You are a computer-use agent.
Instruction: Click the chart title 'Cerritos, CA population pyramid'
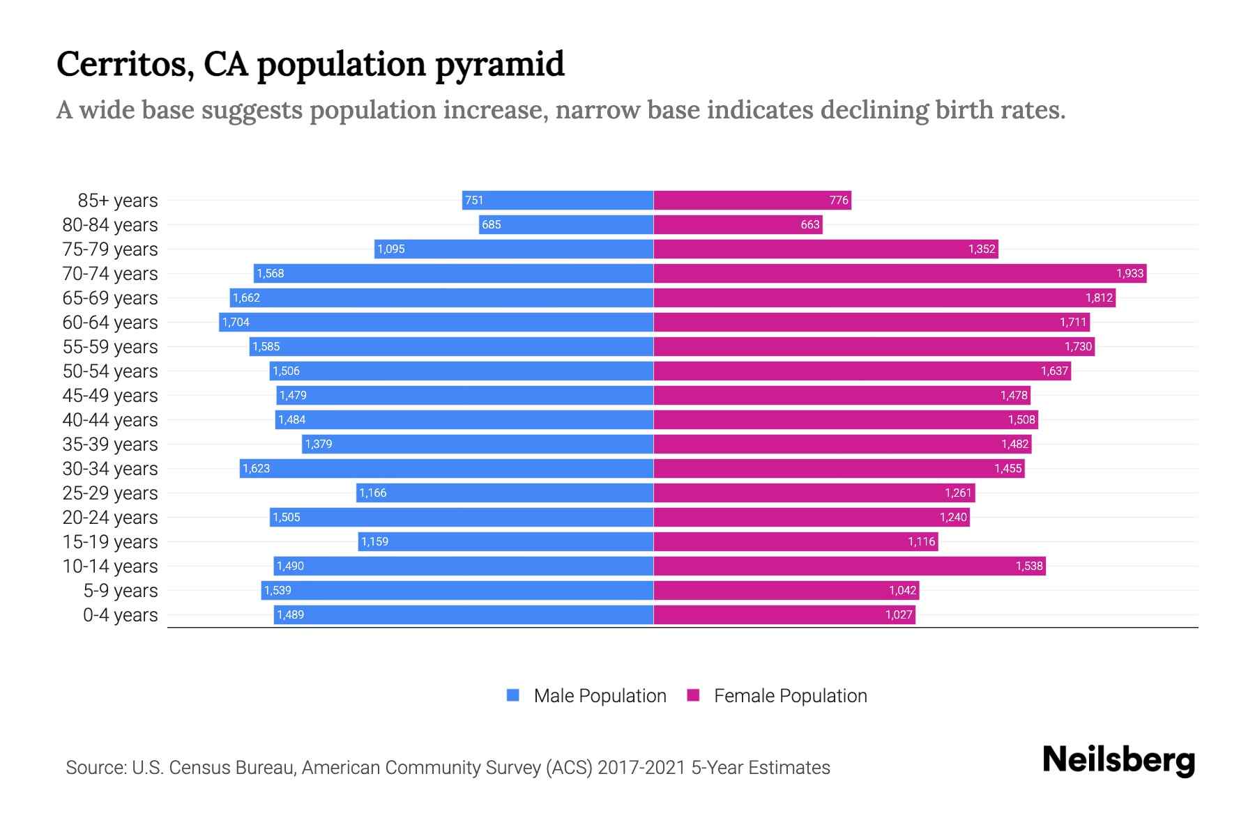310,64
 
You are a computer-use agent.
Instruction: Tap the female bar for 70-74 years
899,273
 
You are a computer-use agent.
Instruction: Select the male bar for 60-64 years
436,322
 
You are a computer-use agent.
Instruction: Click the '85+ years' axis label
117,201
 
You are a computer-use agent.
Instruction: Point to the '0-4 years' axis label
120,615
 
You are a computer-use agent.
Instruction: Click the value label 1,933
1129,273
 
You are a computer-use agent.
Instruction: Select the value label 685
491,224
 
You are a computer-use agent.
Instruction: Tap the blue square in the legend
513,695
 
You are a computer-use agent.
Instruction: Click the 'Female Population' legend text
790,696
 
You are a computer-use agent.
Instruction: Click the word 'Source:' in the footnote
96,768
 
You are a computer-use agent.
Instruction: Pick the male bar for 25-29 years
505,493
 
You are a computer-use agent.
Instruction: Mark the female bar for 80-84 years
738,224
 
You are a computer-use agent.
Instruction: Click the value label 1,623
256,468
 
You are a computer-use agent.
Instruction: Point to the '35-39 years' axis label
110,444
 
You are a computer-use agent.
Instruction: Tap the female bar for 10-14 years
849,566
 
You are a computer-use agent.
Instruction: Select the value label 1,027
899,614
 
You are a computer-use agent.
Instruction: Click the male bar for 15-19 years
505,541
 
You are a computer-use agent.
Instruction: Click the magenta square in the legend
693,695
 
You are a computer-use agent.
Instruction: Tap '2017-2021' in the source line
641,768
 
